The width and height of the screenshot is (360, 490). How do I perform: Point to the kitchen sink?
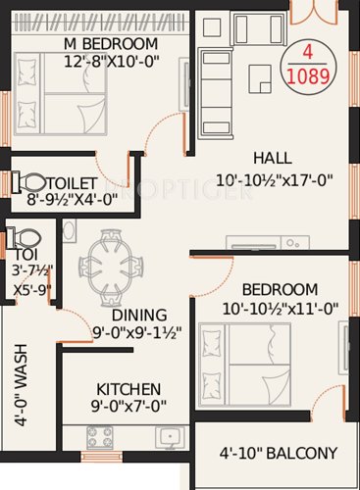[x=170, y=434]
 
